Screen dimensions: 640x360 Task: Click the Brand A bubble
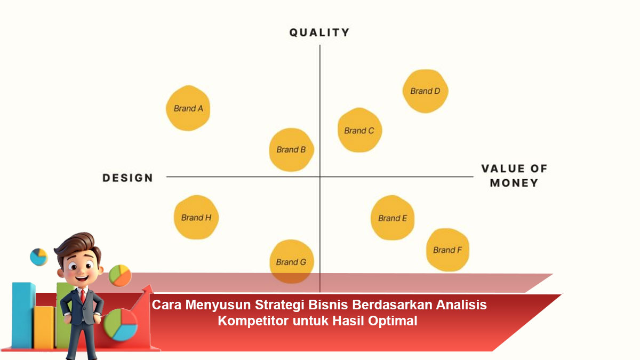[x=188, y=108]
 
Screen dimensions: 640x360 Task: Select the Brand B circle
[x=291, y=149]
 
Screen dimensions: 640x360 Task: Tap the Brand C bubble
[x=359, y=130]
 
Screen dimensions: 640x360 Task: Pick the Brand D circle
[x=426, y=91]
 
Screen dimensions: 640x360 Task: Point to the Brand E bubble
[x=393, y=218]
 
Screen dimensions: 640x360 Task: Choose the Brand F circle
[x=447, y=250]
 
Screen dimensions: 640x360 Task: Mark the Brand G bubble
[x=292, y=261]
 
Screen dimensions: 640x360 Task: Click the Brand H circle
[x=196, y=217]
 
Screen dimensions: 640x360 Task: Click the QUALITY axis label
[x=319, y=33]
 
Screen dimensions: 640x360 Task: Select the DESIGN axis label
[x=127, y=178]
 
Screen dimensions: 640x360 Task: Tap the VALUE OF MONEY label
[x=514, y=175]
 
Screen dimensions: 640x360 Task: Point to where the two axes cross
[x=320, y=177]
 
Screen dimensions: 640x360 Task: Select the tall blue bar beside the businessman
[x=23, y=315]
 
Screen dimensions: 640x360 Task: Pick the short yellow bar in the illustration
[x=44, y=327]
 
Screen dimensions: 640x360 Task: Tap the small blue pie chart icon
[x=38, y=257]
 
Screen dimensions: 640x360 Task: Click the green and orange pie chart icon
[x=120, y=275]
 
